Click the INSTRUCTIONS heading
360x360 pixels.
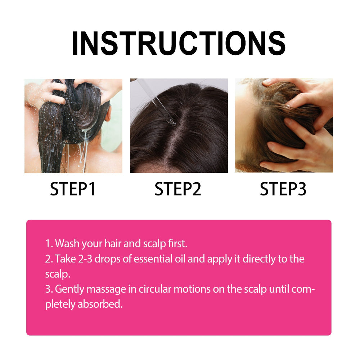[179, 44]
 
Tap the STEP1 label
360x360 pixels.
[73, 189]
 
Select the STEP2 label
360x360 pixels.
[178, 189]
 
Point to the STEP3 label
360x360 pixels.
[283, 189]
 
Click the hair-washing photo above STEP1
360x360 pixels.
[73, 126]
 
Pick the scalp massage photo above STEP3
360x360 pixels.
[284, 126]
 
